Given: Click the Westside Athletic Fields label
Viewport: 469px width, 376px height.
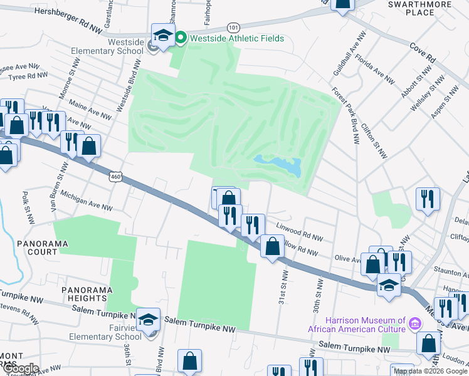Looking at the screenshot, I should coord(237,39).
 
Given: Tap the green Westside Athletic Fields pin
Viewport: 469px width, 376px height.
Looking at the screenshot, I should coord(181,38).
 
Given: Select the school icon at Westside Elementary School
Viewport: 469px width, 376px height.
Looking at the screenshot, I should coord(163,36).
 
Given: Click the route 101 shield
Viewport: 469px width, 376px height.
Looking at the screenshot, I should coord(233,28).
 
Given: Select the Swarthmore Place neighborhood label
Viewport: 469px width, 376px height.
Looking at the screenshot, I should coord(411,8).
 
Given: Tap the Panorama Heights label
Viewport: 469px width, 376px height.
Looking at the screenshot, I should coord(87,295).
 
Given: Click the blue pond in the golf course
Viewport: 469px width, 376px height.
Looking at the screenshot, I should coord(279,165).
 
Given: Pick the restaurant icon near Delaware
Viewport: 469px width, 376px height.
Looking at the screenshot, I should coord(428,199).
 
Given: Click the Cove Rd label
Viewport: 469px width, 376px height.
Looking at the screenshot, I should coord(423,52).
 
